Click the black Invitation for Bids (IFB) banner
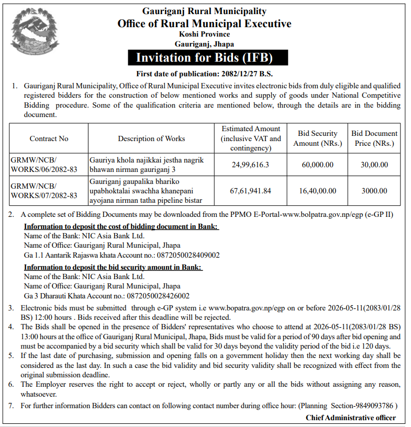[x=204, y=57]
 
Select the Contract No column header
[x=49, y=139]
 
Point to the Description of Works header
[x=151, y=139]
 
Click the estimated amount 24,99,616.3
[x=251, y=165]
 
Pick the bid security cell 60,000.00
[x=317, y=165]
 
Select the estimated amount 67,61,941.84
[x=251, y=191]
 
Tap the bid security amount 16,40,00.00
[x=317, y=191]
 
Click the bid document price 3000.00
[x=374, y=191]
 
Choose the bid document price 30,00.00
[x=374, y=165]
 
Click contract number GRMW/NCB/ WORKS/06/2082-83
[x=44, y=165]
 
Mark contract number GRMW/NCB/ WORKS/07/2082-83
[x=44, y=191]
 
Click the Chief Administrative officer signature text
[x=351, y=418]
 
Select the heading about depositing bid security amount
[x=113, y=267]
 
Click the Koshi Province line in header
[x=204, y=35]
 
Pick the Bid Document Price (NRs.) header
[x=374, y=139]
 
